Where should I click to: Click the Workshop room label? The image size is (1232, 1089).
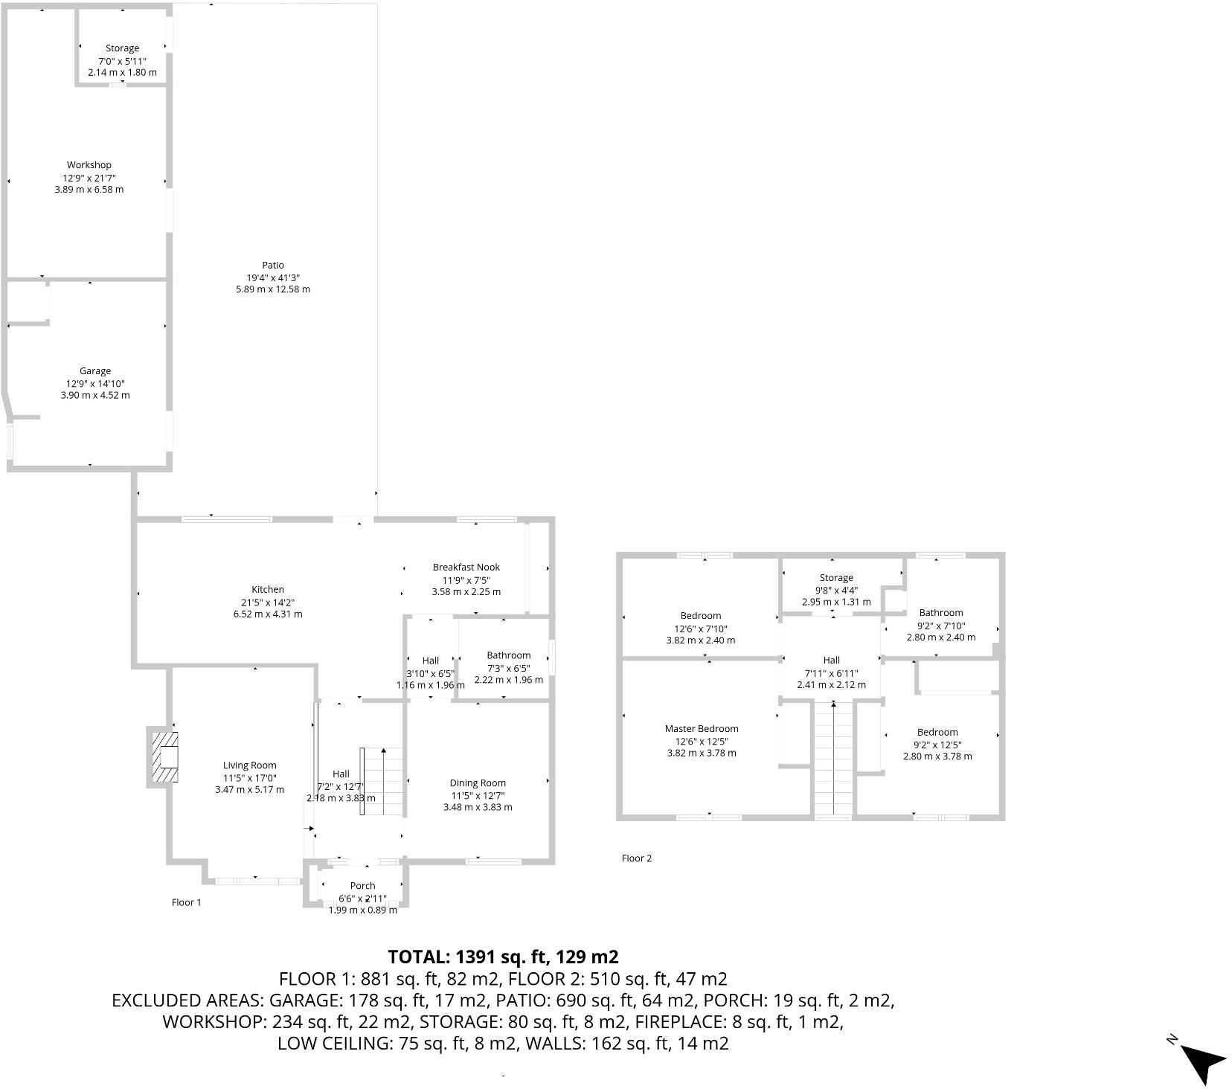click(89, 165)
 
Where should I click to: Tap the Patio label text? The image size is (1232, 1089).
click(273, 265)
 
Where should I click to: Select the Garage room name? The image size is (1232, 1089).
click(95, 371)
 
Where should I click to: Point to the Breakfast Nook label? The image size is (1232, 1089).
click(466, 568)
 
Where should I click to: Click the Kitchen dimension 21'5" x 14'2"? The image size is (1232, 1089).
click(268, 603)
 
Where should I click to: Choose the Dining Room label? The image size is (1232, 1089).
click(478, 783)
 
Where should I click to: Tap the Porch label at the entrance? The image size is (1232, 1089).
click(363, 886)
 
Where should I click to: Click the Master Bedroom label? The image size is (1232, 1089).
click(702, 729)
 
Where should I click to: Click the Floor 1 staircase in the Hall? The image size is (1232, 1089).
click(383, 781)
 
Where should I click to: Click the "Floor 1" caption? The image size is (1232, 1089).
click(187, 902)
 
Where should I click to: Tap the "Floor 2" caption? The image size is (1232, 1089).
click(637, 858)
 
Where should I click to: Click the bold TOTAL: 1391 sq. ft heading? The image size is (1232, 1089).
click(503, 957)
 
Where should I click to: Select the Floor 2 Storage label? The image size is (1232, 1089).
click(836, 578)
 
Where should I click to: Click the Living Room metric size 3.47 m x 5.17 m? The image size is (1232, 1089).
click(250, 790)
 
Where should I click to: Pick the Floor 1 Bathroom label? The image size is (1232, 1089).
click(509, 655)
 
